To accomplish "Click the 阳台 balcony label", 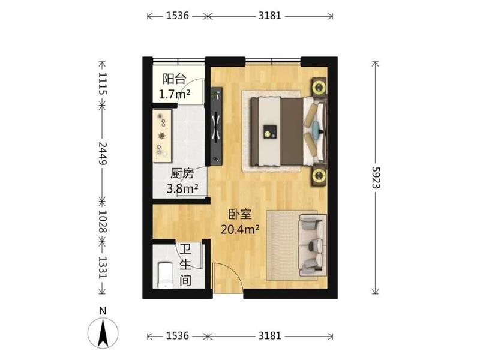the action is (174, 79).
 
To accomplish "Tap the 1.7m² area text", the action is (174, 94).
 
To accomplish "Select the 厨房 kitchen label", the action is (182, 173).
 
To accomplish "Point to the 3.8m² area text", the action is (182, 188).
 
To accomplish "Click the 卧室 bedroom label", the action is (241, 214).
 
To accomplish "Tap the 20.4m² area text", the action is (241, 229).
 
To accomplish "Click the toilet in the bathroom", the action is (165, 275).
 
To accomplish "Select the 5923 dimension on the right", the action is (376, 178).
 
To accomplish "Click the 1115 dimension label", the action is (103, 83).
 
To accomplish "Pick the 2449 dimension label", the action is (103, 154).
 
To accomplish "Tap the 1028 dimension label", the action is (103, 221).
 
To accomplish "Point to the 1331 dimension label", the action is (103, 268).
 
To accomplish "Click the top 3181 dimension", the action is (269, 16).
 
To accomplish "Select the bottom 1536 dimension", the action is (178, 336).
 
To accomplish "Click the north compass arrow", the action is (103, 333).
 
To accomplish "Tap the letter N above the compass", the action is (103, 311).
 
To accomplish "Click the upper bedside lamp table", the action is (319, 86).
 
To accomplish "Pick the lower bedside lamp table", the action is (319, 176).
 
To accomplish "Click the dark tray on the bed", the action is (271, 132).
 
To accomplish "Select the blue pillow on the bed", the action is (316, 126).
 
